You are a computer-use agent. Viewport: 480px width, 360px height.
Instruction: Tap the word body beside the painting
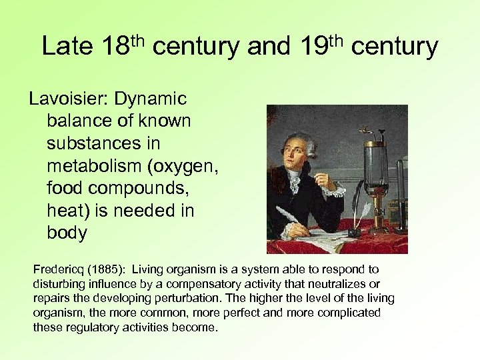click(x=67, y=233)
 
